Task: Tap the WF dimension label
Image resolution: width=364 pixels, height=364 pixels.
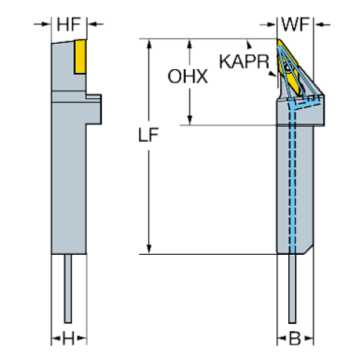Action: pos(296,25)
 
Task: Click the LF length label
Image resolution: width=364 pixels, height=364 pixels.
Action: pos(147,137)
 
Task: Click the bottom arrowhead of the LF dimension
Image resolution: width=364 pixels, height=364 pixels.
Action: pos(149,250)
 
